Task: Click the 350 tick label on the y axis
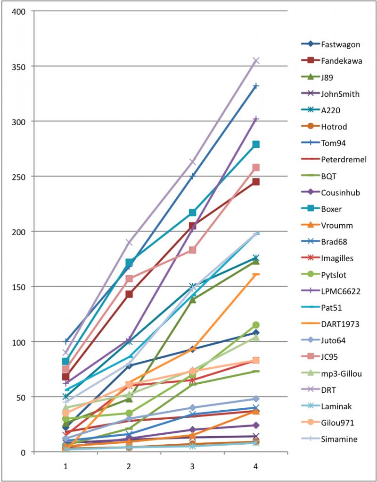tap(19, 66)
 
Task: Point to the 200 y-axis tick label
tap(19, 231)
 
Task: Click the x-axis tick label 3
tap(192, 466)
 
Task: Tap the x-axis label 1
tap(66, 466)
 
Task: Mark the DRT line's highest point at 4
tap(256, 60)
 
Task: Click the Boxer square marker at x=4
tap(256, 144)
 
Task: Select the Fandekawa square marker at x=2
tap(129, 294)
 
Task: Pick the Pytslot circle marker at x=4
tap(256, 325)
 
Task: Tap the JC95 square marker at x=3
tap(192, 250)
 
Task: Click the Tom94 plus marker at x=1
tap(66, 341)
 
